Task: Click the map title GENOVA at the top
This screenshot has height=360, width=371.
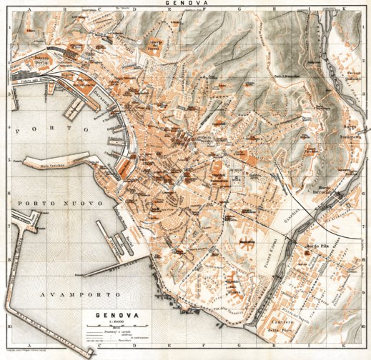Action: (x=186, y=4)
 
